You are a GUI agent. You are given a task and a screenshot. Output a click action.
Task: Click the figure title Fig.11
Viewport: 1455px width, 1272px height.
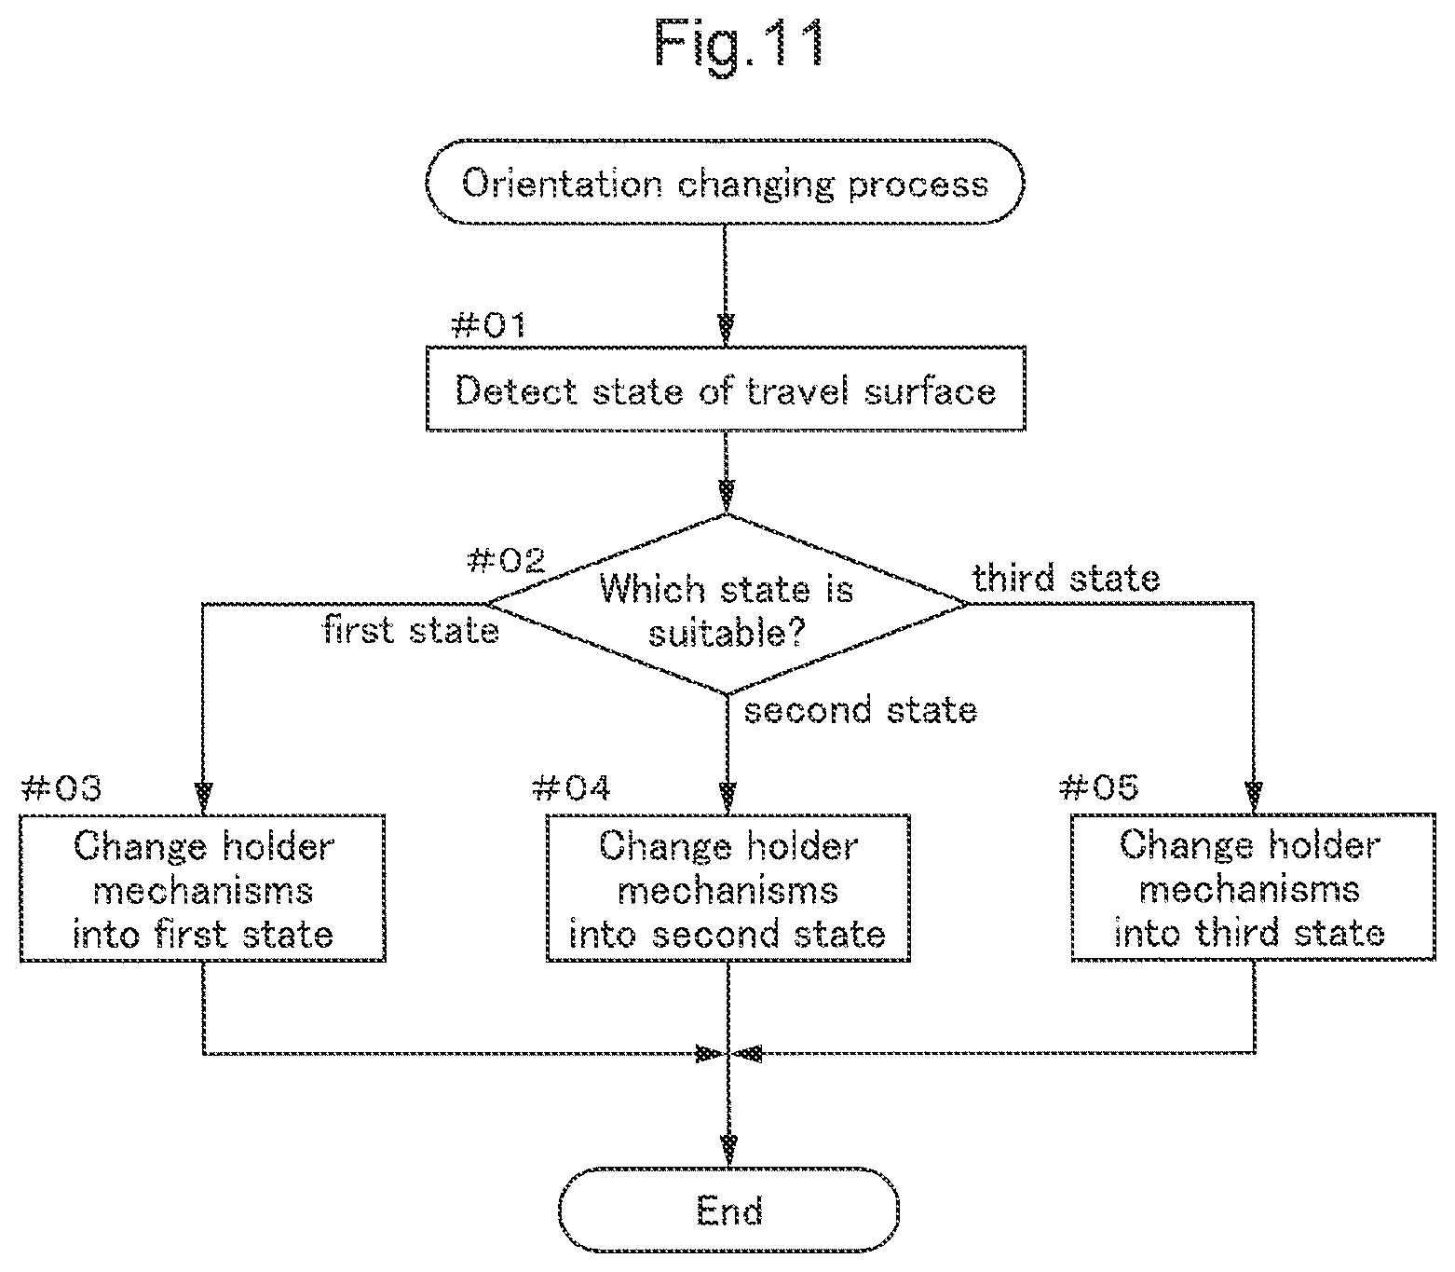(739, 44)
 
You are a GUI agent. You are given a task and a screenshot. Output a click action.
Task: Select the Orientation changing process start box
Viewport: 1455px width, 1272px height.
(725, 182)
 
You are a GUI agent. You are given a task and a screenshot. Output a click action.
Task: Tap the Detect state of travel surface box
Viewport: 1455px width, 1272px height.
(726, 389)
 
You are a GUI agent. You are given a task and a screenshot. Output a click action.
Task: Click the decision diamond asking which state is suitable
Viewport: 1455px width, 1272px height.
(727, 604)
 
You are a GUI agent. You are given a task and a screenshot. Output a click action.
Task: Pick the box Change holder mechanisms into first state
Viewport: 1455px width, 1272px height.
(203, 888)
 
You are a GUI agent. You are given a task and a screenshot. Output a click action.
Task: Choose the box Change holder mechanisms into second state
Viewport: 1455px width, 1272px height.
(728, 888)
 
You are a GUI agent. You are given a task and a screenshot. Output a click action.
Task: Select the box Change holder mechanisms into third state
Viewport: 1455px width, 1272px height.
(1253, 886)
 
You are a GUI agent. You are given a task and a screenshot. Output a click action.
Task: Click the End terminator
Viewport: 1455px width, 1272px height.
(728, 1210)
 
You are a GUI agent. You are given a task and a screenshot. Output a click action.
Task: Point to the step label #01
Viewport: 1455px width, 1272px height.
(489, 325)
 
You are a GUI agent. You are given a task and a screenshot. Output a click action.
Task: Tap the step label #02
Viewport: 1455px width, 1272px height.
(507, 560)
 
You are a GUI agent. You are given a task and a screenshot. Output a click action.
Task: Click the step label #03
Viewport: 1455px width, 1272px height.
(61, 788)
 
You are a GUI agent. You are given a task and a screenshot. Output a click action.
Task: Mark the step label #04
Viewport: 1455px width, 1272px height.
(571, 788)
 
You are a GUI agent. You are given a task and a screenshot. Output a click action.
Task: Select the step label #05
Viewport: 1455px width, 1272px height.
(1099, 786)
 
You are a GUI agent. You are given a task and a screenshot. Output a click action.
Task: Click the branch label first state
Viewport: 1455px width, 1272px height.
(411, 630)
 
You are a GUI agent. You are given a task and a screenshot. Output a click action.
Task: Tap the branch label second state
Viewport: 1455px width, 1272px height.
(861, 710)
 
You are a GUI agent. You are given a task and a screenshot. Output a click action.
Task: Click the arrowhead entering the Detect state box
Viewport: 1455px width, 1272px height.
(726, 330)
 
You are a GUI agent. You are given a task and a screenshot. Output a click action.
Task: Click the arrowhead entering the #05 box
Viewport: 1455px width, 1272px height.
(1254, 797)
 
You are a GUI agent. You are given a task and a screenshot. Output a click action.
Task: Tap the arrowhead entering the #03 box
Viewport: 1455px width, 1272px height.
(203, 799)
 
